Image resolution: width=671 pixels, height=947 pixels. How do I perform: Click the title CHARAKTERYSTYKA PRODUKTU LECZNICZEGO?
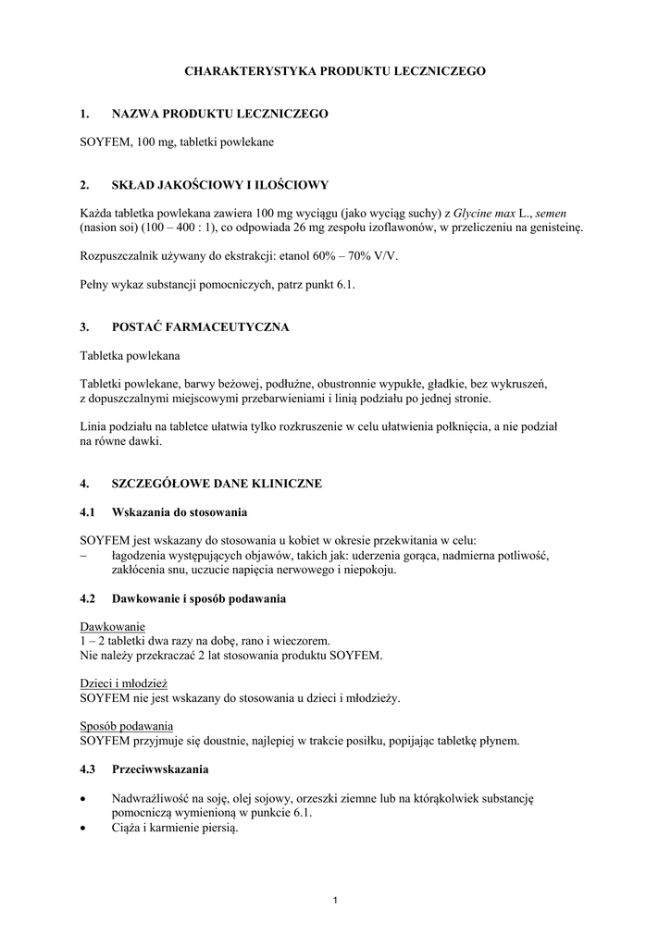(x=334, y=70)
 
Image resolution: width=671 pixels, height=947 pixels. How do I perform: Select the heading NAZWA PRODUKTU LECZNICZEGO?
(x=219, y=114)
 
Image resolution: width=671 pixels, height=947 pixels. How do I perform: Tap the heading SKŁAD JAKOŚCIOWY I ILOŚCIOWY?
(x=219, y=185)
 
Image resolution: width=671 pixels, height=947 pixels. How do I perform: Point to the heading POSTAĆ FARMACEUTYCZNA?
(x=200, y=327)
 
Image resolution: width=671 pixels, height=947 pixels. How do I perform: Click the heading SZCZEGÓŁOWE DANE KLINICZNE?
(x=217, y=484)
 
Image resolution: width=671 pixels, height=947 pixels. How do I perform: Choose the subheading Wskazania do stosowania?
(x=179, y=511)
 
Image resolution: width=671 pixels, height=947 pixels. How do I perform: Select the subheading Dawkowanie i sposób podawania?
(x=198, y=599)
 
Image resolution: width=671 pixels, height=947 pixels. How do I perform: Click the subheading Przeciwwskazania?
(x=159, y=769)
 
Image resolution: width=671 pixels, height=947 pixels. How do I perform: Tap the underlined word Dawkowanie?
(x=112, y=626)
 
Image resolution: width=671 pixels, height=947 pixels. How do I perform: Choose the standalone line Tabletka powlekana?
(x=130, y=355)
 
